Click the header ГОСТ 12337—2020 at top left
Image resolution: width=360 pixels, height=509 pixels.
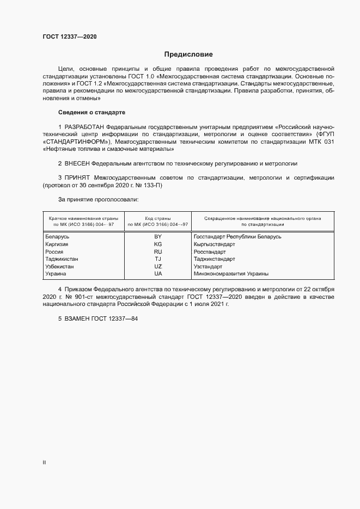[70, 36]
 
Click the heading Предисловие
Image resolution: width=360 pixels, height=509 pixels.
[188, 54]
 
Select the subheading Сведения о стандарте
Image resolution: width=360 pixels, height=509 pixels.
[91, 112]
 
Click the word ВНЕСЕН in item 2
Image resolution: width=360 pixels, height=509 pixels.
[76, 163]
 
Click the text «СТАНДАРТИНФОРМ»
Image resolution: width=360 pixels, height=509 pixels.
[70, 142]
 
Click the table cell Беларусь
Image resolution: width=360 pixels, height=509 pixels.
[57, 237]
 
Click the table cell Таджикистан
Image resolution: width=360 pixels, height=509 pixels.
[62, 260]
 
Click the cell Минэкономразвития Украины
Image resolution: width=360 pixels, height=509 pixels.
[231, 274]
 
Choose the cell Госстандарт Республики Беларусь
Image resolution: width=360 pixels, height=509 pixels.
[237, 237]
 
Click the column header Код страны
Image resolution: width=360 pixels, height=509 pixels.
[158, 218]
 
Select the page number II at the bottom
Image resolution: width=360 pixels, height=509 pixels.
[44, 463]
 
